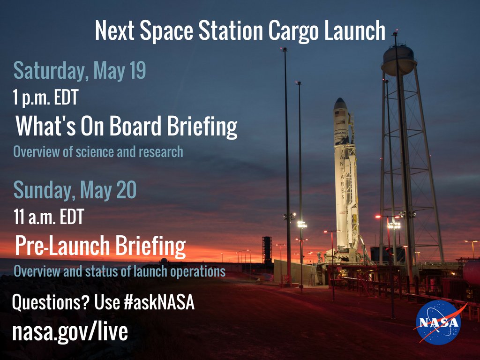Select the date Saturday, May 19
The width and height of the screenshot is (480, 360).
point(80,71)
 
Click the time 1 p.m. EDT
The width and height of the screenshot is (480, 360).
point(45,97)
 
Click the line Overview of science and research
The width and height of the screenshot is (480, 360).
point(98,151)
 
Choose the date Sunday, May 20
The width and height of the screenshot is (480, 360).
point(75,190)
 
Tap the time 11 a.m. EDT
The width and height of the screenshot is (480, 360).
point(49,217)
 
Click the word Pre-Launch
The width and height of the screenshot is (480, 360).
point(62,246)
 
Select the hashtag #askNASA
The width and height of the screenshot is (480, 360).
point(159,302)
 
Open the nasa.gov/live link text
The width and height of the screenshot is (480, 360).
point(70,331)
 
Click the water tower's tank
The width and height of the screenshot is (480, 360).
point(399,60)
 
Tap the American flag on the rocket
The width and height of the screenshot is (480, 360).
point(340,113)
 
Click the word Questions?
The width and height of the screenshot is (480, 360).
point(51,302)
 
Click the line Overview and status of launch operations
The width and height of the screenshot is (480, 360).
point(120,271)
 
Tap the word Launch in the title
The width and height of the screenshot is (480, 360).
point(355,31)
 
